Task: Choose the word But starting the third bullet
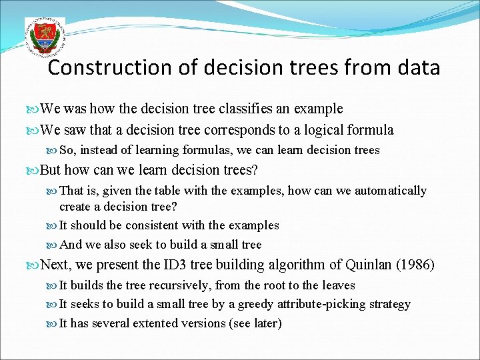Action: pyautogui.click(x=52, y=170)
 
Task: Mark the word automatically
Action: pyautogui.click(x=391, y=191)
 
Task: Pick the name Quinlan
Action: pyautogui.click(x=369, y=265)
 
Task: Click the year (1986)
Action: pyautogui.click(x=415, y=265)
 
